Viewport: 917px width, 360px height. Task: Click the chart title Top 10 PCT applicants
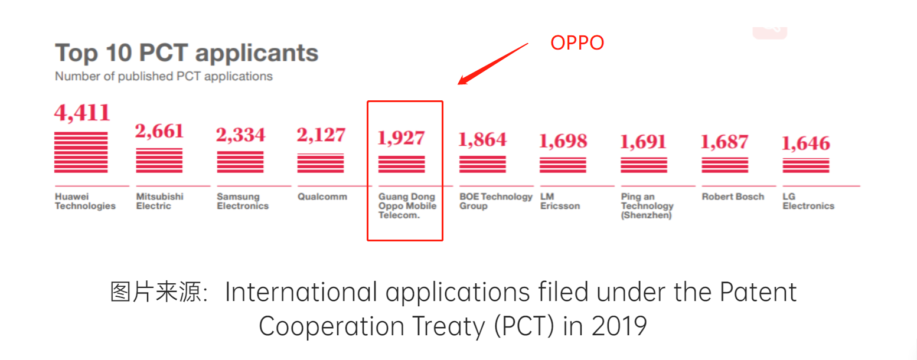point(187,53)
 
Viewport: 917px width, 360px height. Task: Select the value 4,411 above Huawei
point(82,112)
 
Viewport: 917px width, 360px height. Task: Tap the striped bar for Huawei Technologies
point(81,152)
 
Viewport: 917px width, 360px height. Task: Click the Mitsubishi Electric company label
point(159,201)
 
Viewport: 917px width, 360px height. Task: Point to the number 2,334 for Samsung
point(240,135)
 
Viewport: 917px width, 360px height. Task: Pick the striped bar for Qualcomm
point(321,163)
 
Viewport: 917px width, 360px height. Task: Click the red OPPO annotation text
point(577,43)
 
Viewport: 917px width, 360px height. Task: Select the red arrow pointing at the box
point(494,63)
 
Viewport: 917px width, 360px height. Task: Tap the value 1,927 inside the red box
point(401,138)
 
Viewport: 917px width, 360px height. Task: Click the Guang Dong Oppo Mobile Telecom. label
point(407,206)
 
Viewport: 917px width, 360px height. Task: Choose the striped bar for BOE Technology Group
point(482,164)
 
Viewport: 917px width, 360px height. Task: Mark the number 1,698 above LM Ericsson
point(563,141)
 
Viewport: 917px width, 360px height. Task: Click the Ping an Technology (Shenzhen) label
point(647,206)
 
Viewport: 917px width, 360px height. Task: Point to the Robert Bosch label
point(733,197)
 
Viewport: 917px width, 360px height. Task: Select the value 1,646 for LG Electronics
point(806,143)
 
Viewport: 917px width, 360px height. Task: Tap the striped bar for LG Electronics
point(806,166)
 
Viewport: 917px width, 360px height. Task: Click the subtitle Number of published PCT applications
point(164,76)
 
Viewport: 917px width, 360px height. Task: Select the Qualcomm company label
point(322,197)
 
